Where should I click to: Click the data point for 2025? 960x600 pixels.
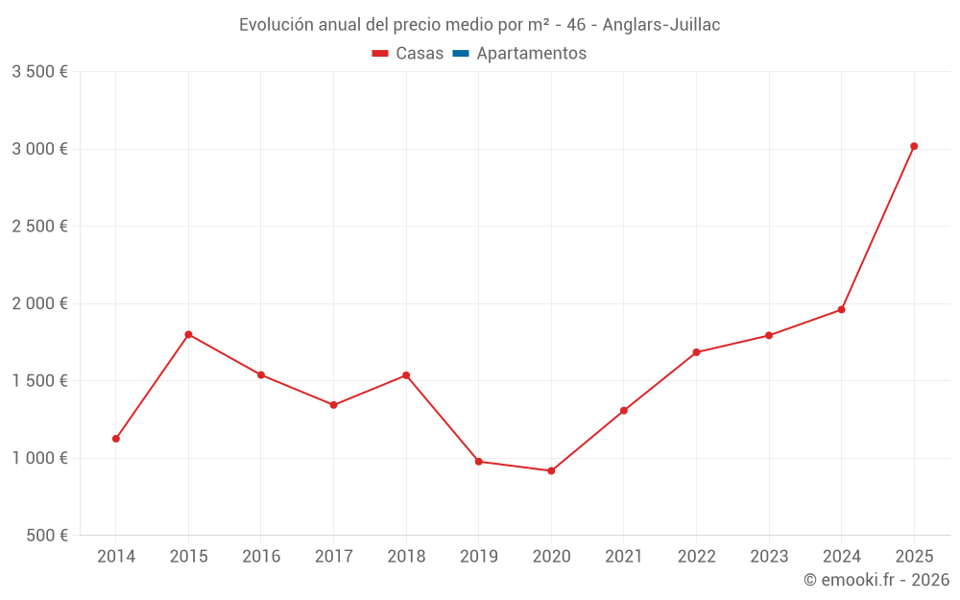pyautogui.click(x=914, y=146)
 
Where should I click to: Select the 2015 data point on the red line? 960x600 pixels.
pyautogui.click(x=188, y=334)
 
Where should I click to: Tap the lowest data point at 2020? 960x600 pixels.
pyautogui.click(x=551, y=470)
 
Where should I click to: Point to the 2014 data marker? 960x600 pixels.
pyautogui.click(x=116, y=439)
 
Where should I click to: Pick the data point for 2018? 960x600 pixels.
pyautogui.click(x=406, y=375)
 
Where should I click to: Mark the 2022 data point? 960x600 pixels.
pyautogui.click(x=696, y=352)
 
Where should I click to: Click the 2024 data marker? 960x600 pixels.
pyautogui.click(x=841, y=309)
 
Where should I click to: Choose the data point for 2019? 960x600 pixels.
pyautogui.click(x=478, y=462)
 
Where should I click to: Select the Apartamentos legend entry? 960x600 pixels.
pyautogui.click(x=531, y=54)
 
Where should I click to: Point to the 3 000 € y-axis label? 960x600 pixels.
pyautogui.click(x=39, y=149)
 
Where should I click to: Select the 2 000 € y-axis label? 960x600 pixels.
pyautogui.click(x=39, y=303)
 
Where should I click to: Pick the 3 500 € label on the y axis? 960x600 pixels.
pyautogui.click(x=39, y=72)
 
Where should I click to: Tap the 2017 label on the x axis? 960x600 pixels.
pyautogui.click(x=333, y=557)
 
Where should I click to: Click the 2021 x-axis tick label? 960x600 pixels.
pyautogui.click(x=623, y=557)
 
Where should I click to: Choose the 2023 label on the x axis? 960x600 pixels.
pyautogui.click(x=768, y=557)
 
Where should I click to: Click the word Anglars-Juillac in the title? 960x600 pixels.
pyautogui.click(x=661, y=25)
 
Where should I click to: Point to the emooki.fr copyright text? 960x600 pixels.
pyautogui.click(x=876, y=580)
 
